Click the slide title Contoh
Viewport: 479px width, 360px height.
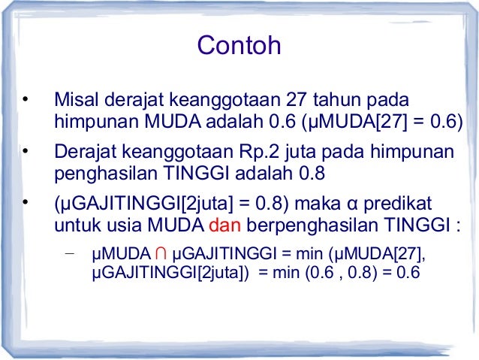(x=239, y=46)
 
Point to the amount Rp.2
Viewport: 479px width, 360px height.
(x=275, y=153)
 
